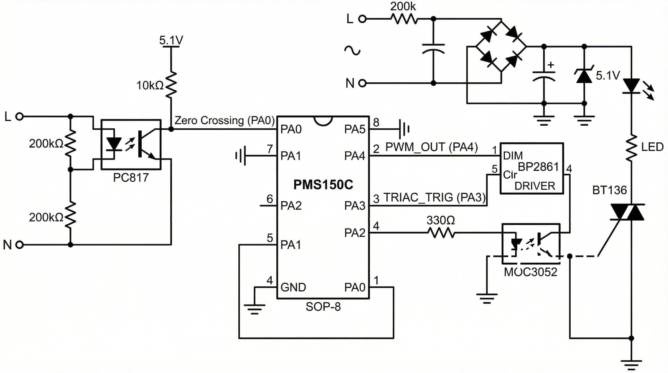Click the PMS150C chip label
pyautogui.click(x=323, y=185)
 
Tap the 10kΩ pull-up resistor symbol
pyautogui.click(x=171, y=85)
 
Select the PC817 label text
pyautogui.click(x=131, y=178)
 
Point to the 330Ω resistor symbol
pyautogui.click(x=441, y=233)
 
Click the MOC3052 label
pyautogui.click(x=531, y=272)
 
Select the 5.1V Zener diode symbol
pyautogui.click(x=584, y=76)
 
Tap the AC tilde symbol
pyautogui.click(x=352, y=50)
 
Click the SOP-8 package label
pyautogui.click(x=323, y=307)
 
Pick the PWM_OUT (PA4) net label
pyautogui.click(x=432, y=147)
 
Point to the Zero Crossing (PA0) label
pyautogui.click(x=225, y=120)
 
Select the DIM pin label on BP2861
pyautogui.click(x=513, y=156)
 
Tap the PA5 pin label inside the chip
pyautogui.click(x=354, y=129)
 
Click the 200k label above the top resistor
pyautogui.click(x=403, y=7)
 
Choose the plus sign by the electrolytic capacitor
pyautogui.click(x=551, y=65)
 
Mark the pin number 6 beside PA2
pyautogui.click(x=270, y=199)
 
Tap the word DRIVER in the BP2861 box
pyautogui.click(x=535, y=186)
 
